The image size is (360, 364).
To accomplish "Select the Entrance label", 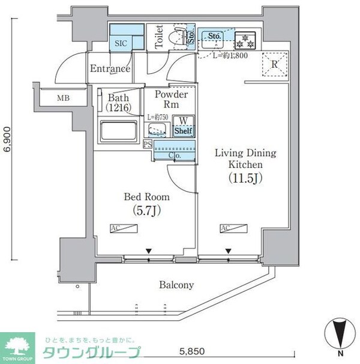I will (110, 68).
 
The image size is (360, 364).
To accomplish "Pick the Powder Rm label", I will (171, 100).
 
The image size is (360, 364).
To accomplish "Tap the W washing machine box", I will (183, 120).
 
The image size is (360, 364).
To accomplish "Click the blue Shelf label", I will (183, 130).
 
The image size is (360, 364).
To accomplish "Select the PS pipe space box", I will (148, 144).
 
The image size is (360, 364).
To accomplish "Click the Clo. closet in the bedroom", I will (175, 155).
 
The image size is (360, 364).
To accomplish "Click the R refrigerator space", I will (274, 64).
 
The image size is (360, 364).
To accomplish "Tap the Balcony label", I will (176, 285).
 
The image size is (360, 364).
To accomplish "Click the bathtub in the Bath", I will (119, 131).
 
